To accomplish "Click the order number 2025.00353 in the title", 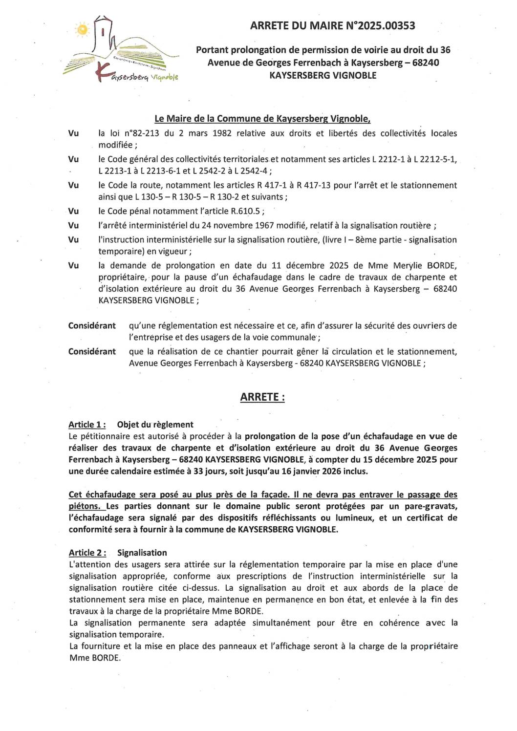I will point(387,26).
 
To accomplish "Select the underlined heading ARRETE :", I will point(262,397).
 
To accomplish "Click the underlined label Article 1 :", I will point(87,425).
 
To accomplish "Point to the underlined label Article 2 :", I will point(87,553).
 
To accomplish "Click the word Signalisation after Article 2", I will point(142,553).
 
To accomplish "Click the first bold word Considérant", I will point(92,326).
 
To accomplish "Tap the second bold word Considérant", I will point(92,352).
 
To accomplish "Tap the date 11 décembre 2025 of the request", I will point(310,266).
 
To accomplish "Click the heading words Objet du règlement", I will point(155,425).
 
